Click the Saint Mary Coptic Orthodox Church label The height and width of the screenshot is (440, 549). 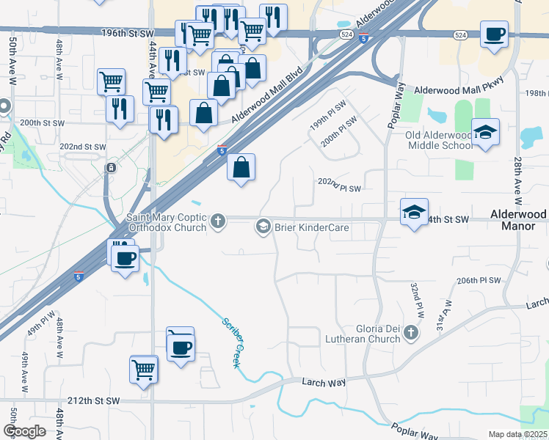pos(167,221)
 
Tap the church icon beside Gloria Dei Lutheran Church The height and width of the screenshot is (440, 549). pos(411,334)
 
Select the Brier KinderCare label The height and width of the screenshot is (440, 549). pos(311,227)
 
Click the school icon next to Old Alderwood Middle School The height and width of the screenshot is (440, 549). pos(485,133)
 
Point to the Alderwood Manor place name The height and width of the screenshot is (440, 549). pos(519,220)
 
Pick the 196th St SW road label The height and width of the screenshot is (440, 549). pos(130,34)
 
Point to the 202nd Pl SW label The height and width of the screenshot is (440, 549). pos(339,184)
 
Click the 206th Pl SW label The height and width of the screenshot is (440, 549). pos(478,281)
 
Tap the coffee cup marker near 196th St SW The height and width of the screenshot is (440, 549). pos(494,34)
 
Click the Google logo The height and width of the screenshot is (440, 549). pos(24,431)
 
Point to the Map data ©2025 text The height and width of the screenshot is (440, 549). pos(517,434)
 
